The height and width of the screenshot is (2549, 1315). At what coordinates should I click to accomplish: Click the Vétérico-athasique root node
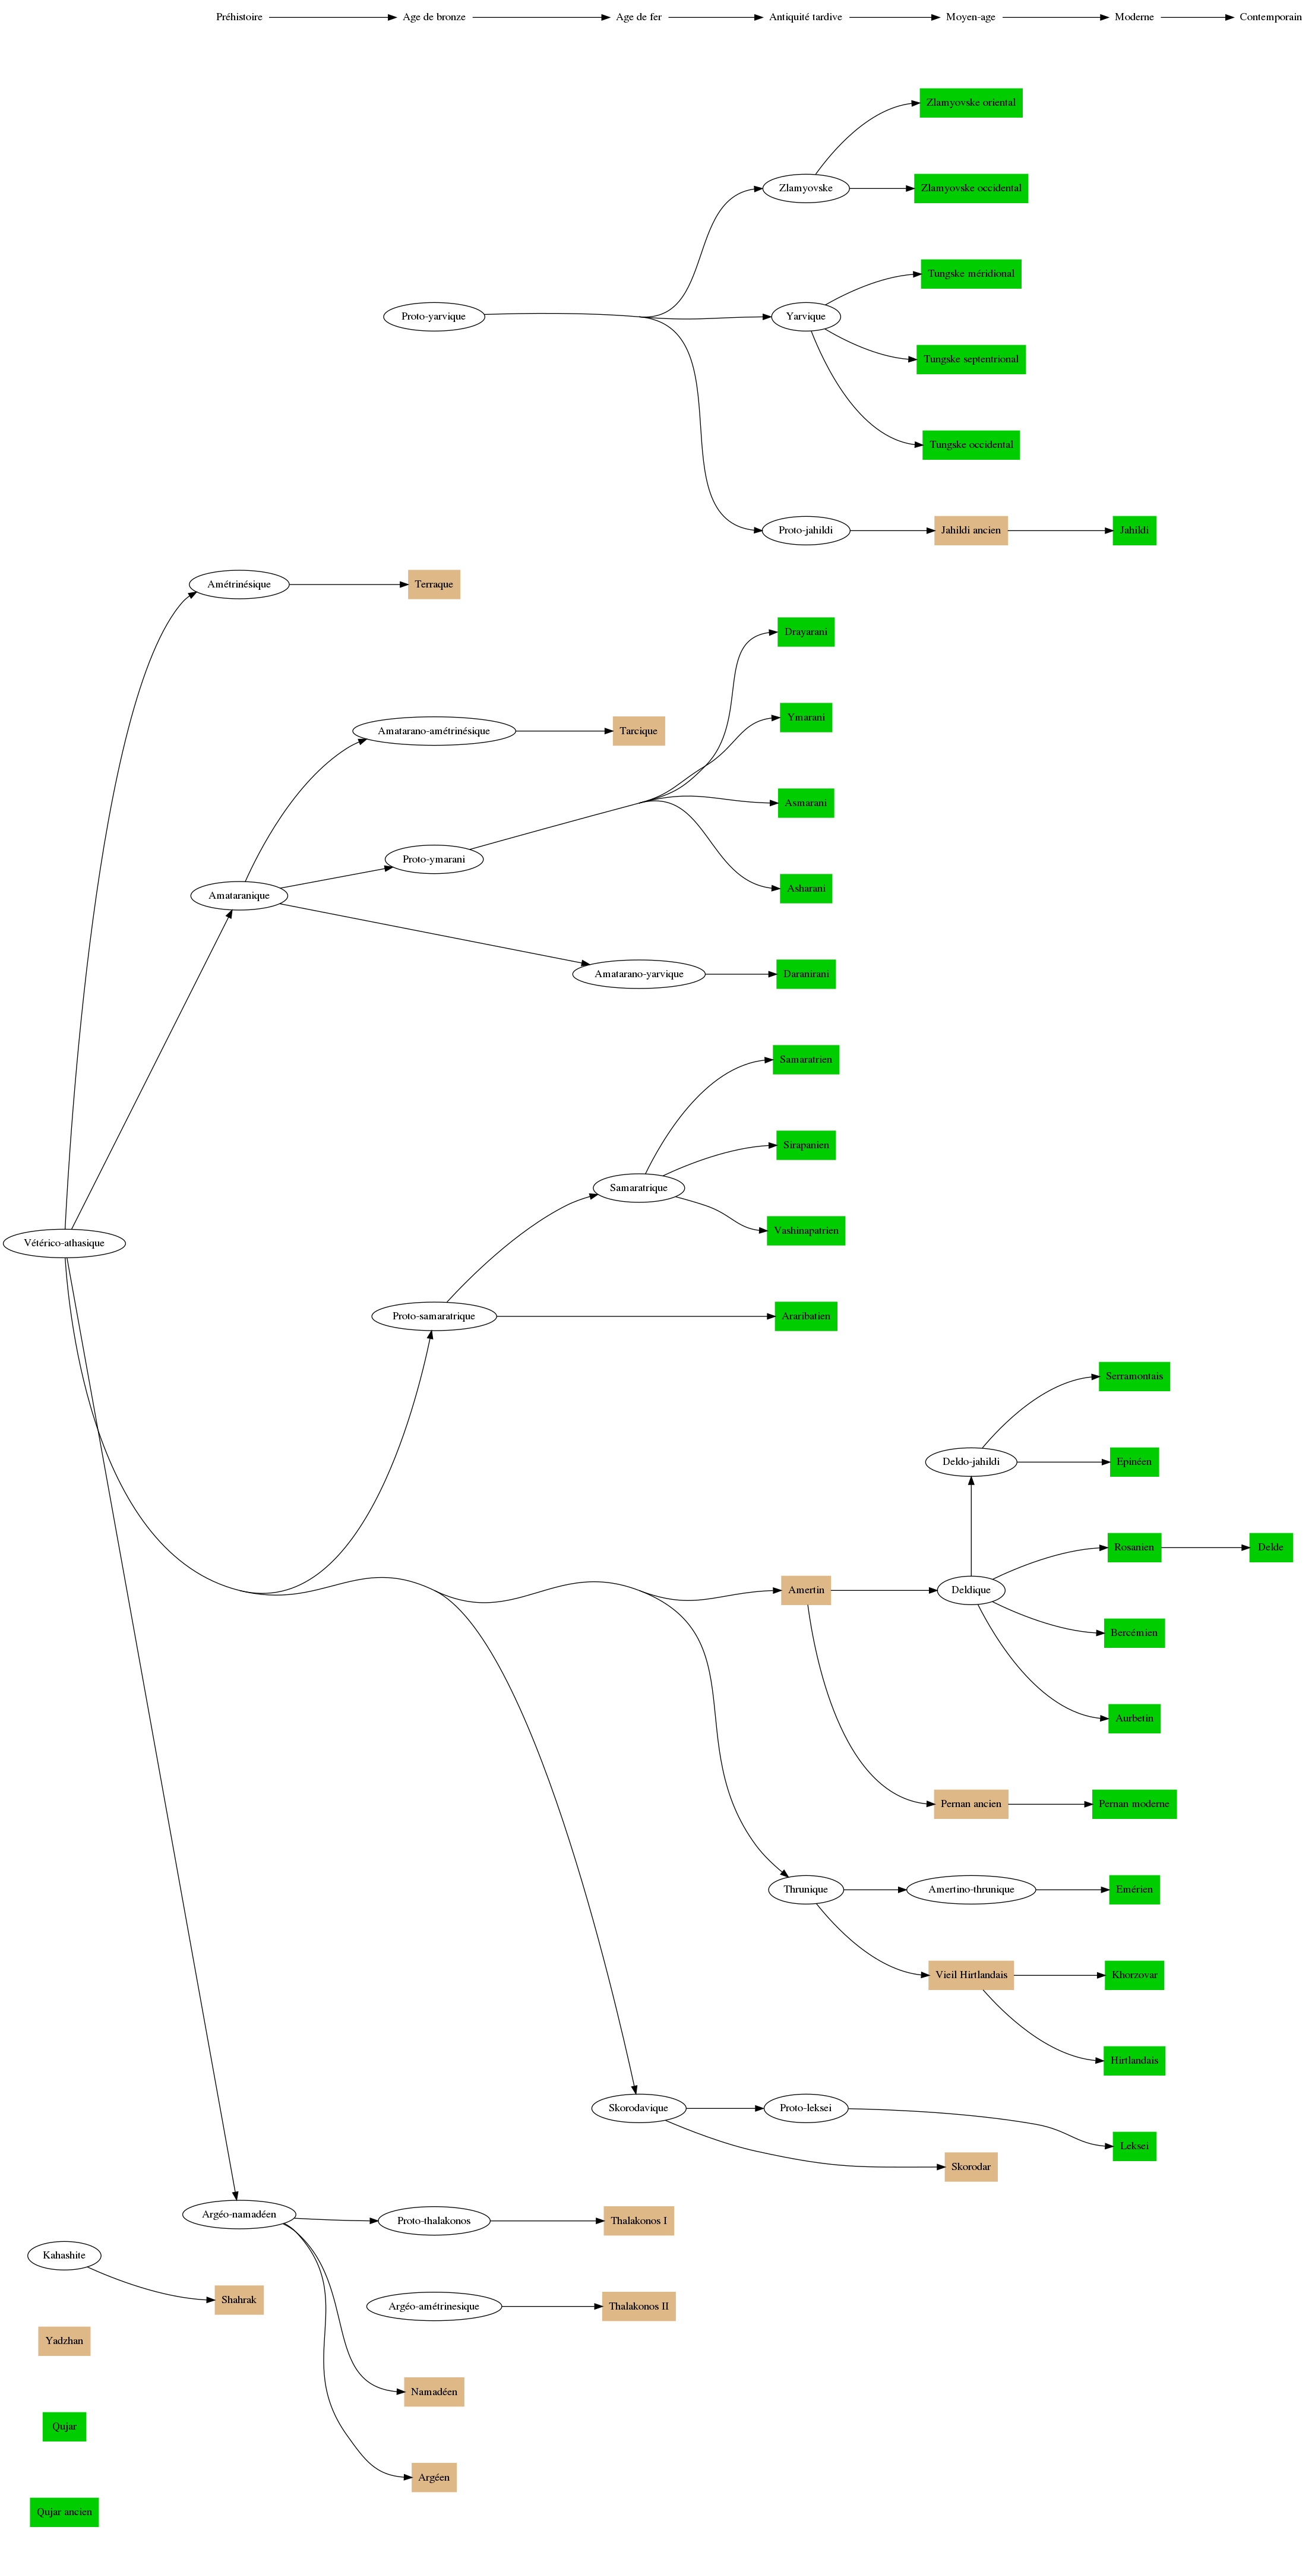tap(64, 1243)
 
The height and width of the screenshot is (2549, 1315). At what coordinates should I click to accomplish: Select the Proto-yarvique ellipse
tap(434, 317)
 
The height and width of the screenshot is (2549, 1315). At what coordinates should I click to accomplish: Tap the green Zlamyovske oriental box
tap(971, 103)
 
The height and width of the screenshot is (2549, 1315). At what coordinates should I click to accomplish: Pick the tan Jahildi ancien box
tap(971, 530)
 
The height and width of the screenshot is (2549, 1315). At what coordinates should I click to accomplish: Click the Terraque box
tap(434, 585)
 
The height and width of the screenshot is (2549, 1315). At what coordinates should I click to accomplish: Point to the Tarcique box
tap(638, 731)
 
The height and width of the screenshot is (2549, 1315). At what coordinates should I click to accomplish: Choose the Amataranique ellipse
tap(238, 896)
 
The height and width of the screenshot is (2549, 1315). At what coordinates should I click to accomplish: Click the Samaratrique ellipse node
tap(638, 1187)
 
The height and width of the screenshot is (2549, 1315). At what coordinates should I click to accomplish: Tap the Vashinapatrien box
tap(805, 1231)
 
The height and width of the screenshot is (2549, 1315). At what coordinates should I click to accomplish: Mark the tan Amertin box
tap(805, 1590)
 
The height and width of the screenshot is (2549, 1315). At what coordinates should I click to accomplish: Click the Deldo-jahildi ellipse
tap(971, 1461)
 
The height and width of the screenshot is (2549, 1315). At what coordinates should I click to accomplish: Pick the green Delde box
tap(1270, 1547)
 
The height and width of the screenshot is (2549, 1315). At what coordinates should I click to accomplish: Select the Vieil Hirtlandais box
tap(971, 1975)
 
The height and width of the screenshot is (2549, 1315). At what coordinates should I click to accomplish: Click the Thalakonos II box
tap(638, 2307)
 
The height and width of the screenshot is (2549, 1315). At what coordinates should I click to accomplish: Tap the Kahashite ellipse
tap(64, 2255)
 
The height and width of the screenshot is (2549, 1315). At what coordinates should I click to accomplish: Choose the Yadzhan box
tap(64, 2341)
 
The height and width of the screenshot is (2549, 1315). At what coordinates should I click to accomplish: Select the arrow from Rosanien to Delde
tap(1204, 1547)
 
